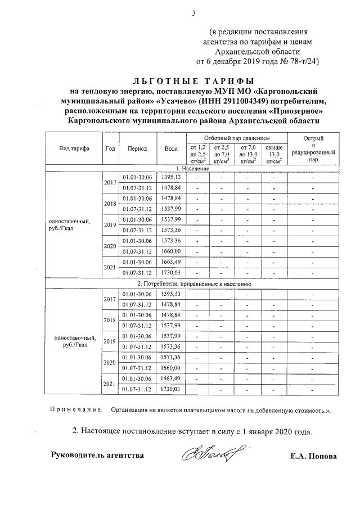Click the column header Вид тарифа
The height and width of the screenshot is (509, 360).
click(73, 148)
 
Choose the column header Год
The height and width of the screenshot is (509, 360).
click(110, 148)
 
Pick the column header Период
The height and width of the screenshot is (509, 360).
click(137, 148)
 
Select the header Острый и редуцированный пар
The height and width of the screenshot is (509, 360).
click(313, 148)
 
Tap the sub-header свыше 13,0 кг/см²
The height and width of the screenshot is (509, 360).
click(274, 153)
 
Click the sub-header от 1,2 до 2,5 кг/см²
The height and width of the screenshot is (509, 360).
click(197, 153)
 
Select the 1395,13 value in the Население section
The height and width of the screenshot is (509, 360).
click(171, 177)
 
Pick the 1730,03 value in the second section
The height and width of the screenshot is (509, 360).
click(171, 389)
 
